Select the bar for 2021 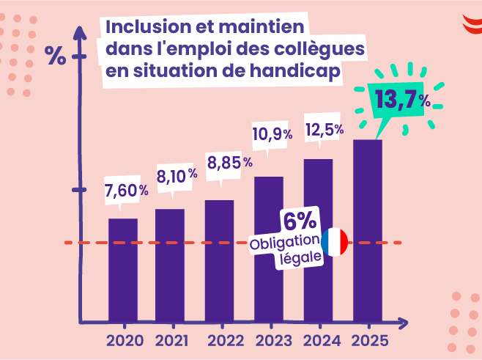point(170,265)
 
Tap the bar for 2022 point(219,261)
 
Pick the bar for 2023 point(268,249)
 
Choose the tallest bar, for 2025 point(368,231)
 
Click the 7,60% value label point(126,191)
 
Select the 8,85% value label point(229,162)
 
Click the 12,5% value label point(325,130)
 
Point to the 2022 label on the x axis point(225,341)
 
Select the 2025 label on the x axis point(370,341)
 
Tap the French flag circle point(335,242)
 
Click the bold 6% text point(300,221)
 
